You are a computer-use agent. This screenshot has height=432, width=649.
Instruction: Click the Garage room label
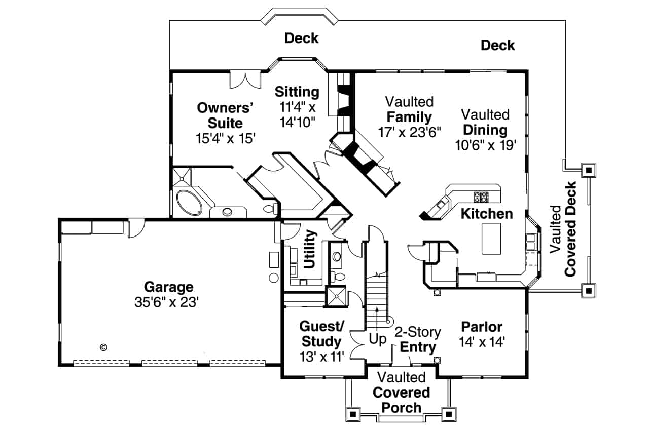point(168,287)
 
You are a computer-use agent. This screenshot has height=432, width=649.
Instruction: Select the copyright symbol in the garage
point(103,347)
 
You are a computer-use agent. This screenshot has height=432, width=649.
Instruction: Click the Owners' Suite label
point(225,115)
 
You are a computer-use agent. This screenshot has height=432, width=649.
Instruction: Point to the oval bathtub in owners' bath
point(189,205)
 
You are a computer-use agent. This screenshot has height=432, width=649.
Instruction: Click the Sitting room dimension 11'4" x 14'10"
point(297,114)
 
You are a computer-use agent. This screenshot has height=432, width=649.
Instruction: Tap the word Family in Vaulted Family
point(409,117)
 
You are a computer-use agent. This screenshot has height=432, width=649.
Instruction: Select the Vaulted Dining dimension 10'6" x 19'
point(485,145)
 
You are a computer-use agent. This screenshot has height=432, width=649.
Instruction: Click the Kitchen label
point(487,214)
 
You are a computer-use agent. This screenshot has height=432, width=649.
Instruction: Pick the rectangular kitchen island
point(490,239)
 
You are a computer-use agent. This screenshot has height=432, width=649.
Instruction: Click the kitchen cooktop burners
point(480,196)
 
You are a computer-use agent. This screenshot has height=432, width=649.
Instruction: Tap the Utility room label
point(309,249)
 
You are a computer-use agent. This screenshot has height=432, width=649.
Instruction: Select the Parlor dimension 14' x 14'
point(482,343)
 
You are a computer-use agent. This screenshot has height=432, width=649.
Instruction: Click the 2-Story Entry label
point(418,340)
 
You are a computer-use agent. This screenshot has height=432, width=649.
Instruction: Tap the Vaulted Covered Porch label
point(402,392)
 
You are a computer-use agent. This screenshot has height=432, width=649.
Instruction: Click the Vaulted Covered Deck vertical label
point(564,229)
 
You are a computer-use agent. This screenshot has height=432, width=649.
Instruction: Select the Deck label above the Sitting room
point(301,38)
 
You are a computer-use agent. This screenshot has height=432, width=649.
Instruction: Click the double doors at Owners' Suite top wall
point(245,80)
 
